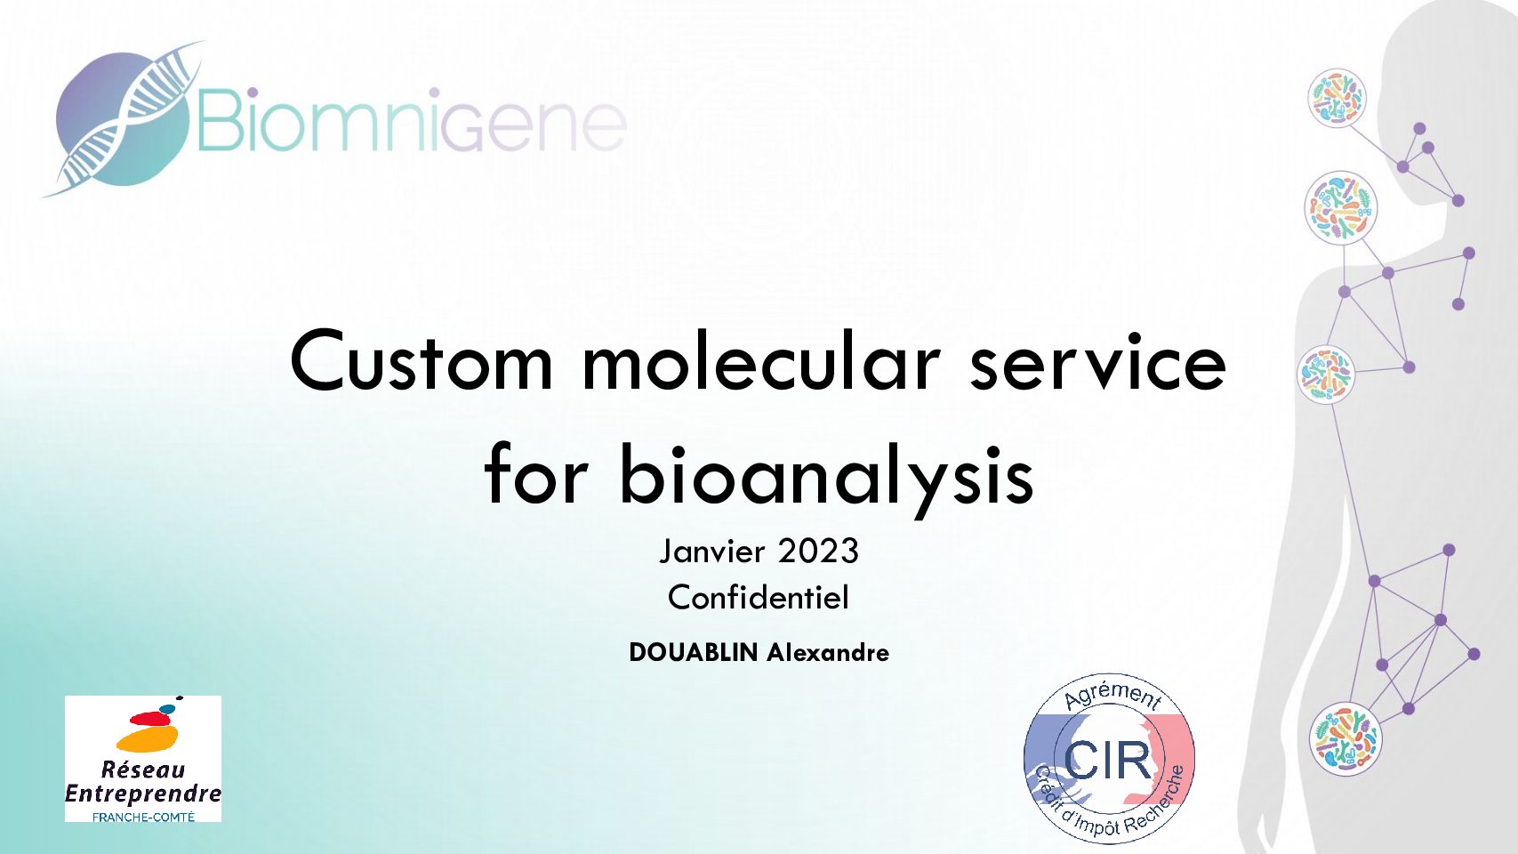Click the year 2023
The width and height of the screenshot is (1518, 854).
[x=819, y=551]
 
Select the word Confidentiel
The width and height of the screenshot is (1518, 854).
[x=759, y=598]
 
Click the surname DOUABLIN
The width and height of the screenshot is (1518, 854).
[x=694, y=652]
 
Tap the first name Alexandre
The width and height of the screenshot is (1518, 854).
[x=827, y=652]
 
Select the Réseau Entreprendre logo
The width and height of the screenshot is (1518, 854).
[x=143, y=759]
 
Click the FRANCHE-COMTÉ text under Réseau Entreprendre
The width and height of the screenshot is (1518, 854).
[x=143, y=817]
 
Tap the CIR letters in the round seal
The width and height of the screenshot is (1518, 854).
[x=1107, y=760]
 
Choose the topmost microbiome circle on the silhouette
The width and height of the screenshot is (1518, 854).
[x=1337, y=98]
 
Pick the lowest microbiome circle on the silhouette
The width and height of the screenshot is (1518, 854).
[x=1345, y=738]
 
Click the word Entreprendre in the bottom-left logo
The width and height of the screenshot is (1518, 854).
[x=143, y=794]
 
